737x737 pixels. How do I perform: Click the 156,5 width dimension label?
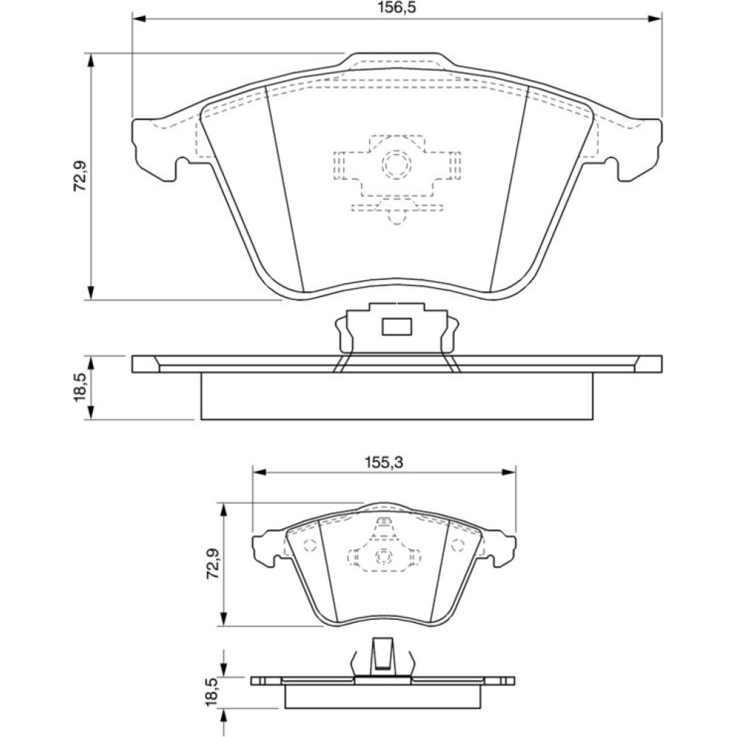pyautogui.click(x=398, y=7)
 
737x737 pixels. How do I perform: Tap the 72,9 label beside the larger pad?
pyautogui.click(x=80, y=175)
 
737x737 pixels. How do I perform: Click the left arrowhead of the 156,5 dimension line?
pyautogui.click(x=139, y=19)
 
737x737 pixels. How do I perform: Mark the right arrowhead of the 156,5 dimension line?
pyautogui.click(x=655, y=19)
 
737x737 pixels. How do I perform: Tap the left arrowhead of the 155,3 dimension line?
pyautogui.click(x=259, y=472)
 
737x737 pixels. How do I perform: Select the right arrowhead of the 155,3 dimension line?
pyautogui.click(x=509, y=472)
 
